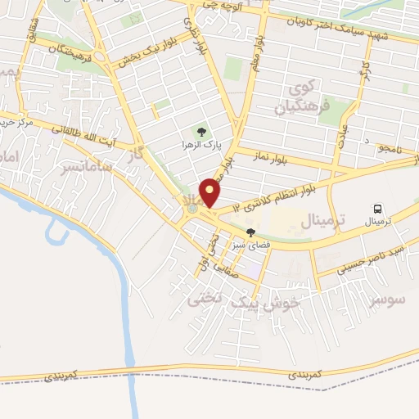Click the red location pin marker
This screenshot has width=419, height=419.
pos(210,191)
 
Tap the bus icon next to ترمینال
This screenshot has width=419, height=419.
pos(377,209)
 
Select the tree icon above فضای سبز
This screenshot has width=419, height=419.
pos(250,232)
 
